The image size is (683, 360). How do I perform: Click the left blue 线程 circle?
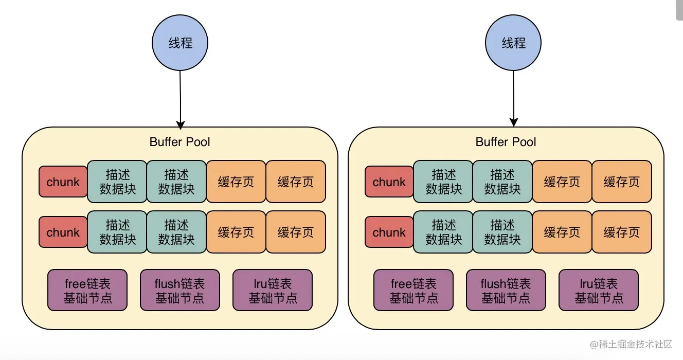click(x=181, y=43)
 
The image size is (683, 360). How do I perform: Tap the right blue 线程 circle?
click(x=513, y=43)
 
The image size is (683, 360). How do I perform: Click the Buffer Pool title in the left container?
click(x=179, y=142)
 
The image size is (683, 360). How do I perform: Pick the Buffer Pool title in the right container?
click(x=506, y=142)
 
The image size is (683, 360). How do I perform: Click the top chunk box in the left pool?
click(x=63, y=182)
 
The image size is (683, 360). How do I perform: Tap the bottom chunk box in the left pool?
click(x=63, y=232)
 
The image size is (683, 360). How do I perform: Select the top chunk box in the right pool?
click(x=389, y=182)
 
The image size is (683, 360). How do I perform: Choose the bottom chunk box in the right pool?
click(x=389, y=232)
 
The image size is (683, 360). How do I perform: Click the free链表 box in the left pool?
click(x=87, y=290)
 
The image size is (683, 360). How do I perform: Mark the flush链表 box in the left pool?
click(x=180, y=290)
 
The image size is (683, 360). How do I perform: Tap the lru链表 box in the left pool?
click(x=273, y=290)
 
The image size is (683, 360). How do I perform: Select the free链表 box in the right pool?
click(x=414, y=290)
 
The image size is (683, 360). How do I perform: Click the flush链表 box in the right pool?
click(x=506, y=290)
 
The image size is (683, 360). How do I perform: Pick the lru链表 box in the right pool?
click(x=599, y=290)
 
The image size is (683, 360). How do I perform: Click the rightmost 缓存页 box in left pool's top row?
click(x=296, y=182)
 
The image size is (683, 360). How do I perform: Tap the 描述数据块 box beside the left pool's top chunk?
click(x=117, y=182)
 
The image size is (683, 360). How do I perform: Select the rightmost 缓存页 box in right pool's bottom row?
click(x=622, y=232)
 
